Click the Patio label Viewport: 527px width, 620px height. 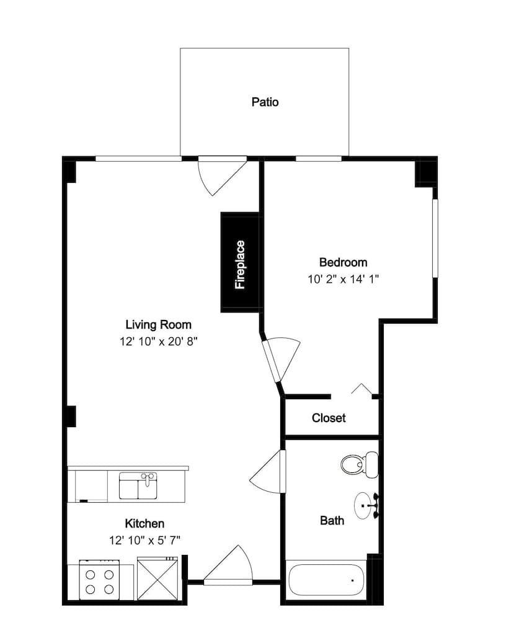(265, 102)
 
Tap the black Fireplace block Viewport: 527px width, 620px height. (240, 262)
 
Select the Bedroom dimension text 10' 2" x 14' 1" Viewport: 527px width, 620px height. (343, 279)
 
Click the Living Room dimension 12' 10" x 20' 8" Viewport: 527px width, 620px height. (158, 341)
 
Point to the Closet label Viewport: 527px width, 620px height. (329, 418)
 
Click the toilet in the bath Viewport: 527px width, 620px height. (360, 464)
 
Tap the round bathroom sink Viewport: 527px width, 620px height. (366, 505)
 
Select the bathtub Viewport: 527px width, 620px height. (327, 580)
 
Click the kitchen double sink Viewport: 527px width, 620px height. (138, 485)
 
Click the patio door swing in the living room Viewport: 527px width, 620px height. (221, 175)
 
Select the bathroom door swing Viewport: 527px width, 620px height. (268, 471)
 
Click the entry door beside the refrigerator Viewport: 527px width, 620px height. (228, 565)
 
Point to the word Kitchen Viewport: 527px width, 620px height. (144, 523)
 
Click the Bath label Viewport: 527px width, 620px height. (332, 521)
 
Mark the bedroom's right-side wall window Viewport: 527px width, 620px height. (435, 238)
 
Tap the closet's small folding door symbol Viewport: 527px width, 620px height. (361, 389)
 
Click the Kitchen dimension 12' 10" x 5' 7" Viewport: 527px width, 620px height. (144, 540)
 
